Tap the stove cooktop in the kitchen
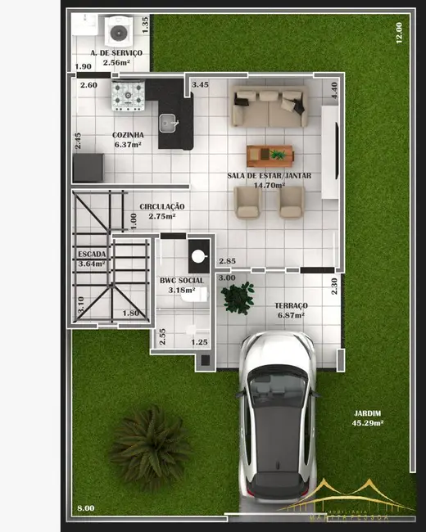(128, 95)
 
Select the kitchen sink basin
(170, 123)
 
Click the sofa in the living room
(269, 106)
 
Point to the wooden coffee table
(270, 154)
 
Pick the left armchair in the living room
(247, 201)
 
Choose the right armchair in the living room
(291, 201)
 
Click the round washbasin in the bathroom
(198, 255)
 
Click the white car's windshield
(277, 387)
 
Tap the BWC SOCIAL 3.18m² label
(181, 285)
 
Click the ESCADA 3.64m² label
(91, 259)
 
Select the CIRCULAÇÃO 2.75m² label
(161, 211)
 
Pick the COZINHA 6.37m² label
(129, 139)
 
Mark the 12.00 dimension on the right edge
(399, 33)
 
